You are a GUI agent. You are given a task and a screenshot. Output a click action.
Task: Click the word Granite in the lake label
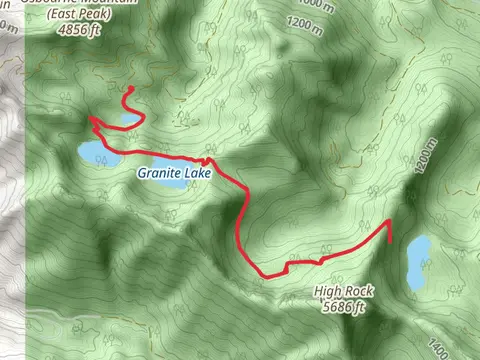[159, 173]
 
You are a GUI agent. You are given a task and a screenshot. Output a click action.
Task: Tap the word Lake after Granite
[198, 173]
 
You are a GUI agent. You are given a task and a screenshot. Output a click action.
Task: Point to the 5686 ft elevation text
[346, 308]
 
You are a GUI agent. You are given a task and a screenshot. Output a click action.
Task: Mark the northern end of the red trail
[132, 89]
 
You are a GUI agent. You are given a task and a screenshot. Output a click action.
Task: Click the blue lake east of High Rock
[418, 261]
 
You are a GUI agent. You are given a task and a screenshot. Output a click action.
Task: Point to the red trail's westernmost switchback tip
[90, 119]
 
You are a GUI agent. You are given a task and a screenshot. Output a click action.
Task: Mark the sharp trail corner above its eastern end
[389, 221]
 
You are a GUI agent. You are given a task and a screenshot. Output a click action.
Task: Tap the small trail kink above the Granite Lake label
[208, 159]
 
